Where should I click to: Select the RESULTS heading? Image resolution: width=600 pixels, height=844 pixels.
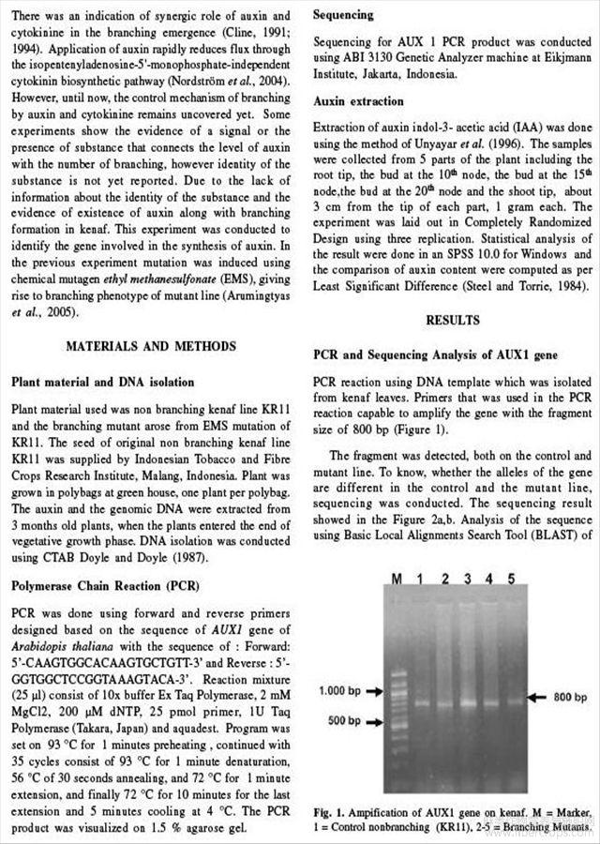pyautogui.click(x=453, y=320)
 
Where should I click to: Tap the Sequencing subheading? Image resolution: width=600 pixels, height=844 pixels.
pyautogui.click(x=343, y=16)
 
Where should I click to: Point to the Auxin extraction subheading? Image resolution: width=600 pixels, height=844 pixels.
pyautogui.click(x=358, y=100)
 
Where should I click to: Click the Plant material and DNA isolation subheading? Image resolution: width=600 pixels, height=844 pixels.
pyautogui.click(x=102, y=382)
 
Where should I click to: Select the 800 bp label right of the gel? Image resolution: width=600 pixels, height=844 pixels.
pyautogui.click(x=570, y=698)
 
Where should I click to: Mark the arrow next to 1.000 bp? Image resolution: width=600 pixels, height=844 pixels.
pyautogui.click(x=376, y=691)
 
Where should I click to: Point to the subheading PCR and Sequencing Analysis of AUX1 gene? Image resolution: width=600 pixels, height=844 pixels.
pyautogui.click(x=434, y=356)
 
